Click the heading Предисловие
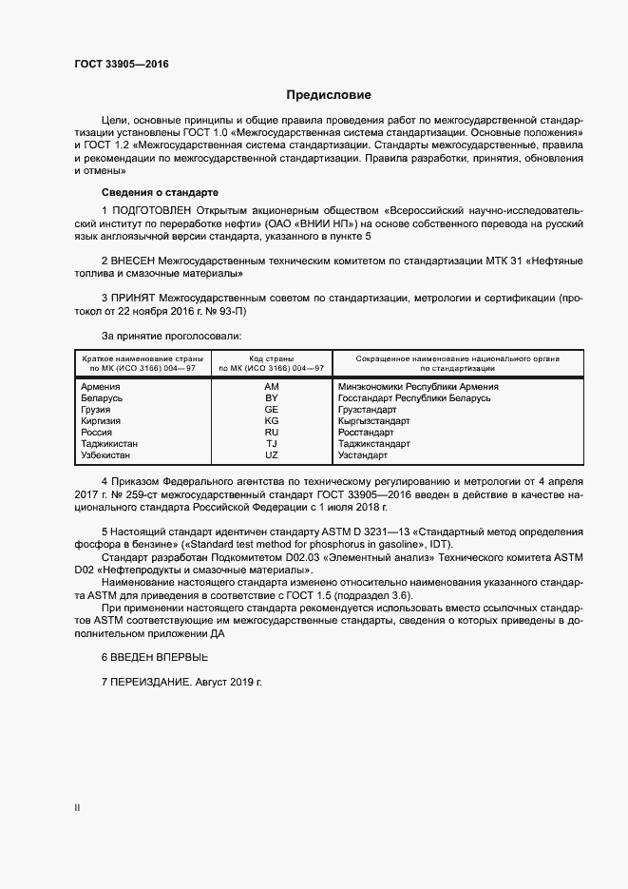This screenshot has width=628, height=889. pos(329,95)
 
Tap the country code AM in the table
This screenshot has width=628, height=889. pos(271,387)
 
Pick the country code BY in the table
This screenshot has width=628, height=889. pos(271,398)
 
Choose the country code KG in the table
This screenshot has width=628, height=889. pos(271,421)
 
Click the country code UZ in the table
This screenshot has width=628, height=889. pos(271,455)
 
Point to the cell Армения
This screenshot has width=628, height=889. pos(101,387)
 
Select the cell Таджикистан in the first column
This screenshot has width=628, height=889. pos(110,444)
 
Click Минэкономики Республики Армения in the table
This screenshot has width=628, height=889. pos(418,387)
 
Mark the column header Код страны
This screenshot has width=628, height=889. pos(271,358)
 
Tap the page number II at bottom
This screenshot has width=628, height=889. pos(77,807)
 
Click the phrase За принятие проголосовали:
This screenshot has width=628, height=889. pos(171,336)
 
